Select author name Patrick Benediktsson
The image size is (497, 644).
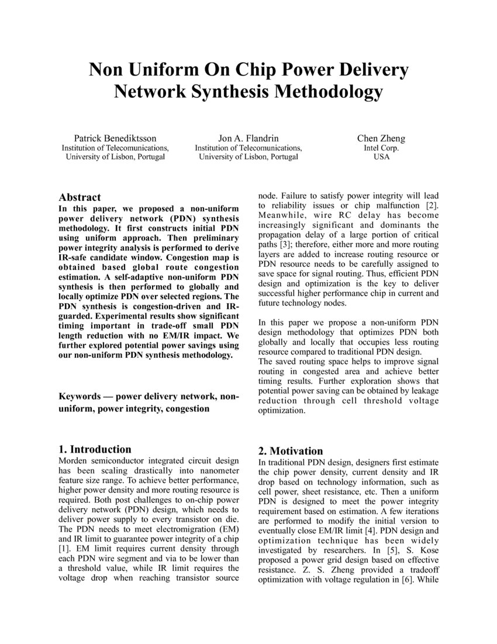(115, 139)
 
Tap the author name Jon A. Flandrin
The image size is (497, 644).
(248, 139)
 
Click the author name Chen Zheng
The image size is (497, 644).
(381, 139)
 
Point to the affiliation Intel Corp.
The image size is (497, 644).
(381, 148)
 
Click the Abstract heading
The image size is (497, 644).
(80, 197)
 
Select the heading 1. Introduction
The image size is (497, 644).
(95, 449)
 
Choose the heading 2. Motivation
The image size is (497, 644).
(291, 451)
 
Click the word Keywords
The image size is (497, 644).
(80, 396)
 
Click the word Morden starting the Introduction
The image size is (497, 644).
(73, 461)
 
